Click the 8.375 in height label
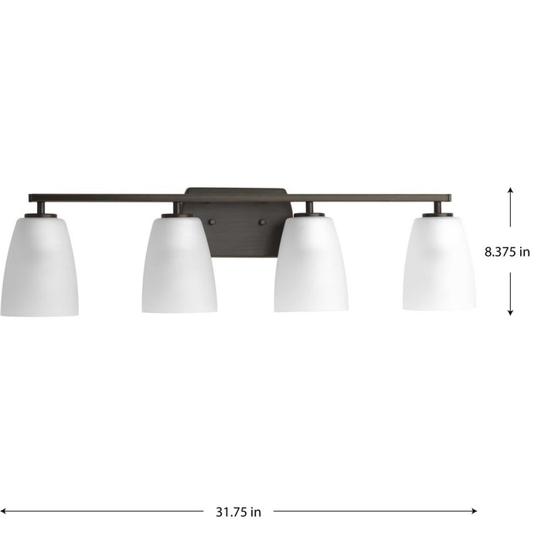(x=507, y=251)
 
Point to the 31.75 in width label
(x=239, y=511)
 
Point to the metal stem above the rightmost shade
(x=437, y=208)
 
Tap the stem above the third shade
(x=309, y=208)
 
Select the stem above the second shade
(x=178, y=208)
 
